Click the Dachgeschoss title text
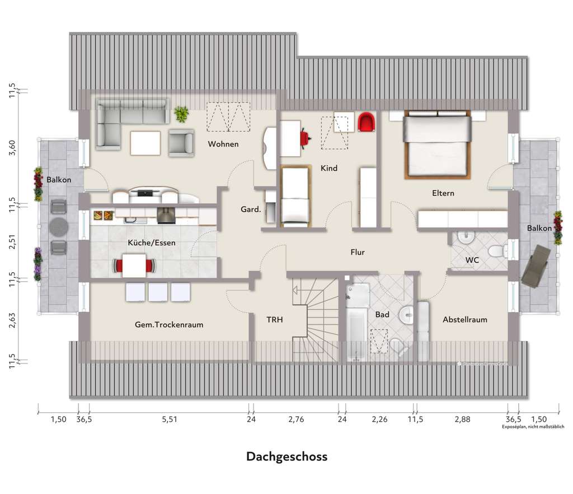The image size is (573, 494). (x=286, y=456)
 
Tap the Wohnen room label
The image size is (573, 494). (x=223, y=144)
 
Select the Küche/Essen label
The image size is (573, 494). (x=152, y=243)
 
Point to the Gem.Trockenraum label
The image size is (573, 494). (x=168, y=324)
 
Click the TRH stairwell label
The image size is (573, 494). (x=274, y=320)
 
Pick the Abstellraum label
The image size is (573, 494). (x=464, y=320)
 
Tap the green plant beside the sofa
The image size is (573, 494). (x=181, y=114)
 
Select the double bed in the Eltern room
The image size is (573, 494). (x=436, y=144)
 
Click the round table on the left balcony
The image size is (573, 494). (x=58, y=227)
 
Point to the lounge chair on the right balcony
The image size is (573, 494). (x=536, y=265)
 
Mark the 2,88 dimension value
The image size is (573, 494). (x=462, y=420)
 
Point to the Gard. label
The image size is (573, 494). (x=250, y=209)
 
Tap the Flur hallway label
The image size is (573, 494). (x=357, y=252)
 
